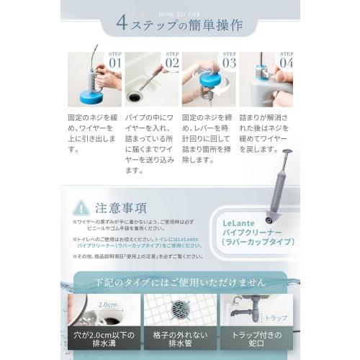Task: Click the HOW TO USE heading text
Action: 179,13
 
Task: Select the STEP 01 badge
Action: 114,60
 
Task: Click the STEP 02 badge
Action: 171,60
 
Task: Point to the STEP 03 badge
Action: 229,60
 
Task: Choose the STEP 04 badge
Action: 285,60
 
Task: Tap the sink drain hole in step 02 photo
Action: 134,96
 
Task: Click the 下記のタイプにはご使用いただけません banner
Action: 180,279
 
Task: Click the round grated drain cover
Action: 180,309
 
